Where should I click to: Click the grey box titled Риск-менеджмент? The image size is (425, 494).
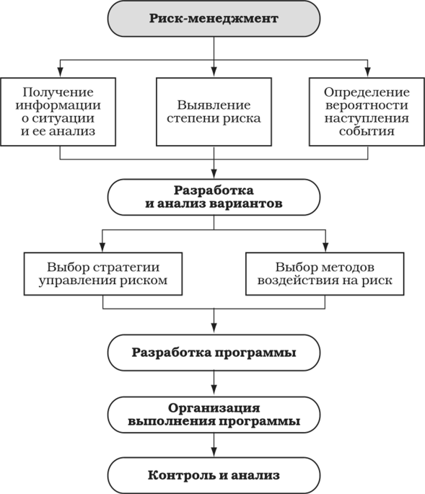point(214,19)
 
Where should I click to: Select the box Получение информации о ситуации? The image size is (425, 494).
point(58,112)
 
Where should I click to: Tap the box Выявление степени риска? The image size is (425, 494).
point(214,112)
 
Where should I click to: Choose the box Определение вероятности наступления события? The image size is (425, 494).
point(367,112)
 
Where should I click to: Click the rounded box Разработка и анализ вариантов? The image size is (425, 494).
point(214,197)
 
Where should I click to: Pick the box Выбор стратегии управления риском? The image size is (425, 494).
point(103,274)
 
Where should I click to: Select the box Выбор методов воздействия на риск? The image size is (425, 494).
point(325,274)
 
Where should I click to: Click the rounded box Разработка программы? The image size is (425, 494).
point(214,353)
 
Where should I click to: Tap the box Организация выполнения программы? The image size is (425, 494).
point(214,415)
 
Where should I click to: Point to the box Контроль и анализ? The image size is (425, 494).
point(214,475)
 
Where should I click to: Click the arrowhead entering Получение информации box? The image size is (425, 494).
point(60,72)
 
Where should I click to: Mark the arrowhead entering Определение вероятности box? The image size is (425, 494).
point(367,72)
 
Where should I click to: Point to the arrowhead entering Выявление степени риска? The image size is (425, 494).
point(214,72)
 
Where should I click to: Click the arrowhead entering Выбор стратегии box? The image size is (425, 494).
point(102,247)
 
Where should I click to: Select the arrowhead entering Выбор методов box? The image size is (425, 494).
point(325,247)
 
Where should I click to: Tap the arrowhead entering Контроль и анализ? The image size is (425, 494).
point(214,451)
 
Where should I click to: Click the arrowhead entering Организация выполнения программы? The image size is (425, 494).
point(214,391)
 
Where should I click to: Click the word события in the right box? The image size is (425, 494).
point(367,131)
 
